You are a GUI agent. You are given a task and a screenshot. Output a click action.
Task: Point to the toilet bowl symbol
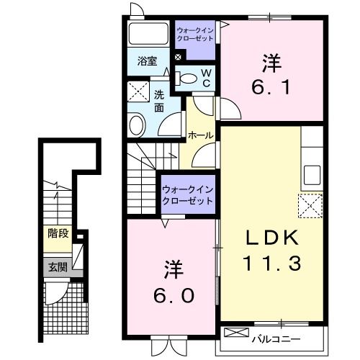click(186, 79)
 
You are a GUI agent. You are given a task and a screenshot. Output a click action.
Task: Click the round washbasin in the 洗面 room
click(137, 126)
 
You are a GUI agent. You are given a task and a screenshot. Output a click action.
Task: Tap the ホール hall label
click(199, 135)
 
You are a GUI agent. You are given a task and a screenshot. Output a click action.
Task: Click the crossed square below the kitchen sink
click(311, 207)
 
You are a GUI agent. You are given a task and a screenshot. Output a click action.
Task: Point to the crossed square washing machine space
click(138, 91)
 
